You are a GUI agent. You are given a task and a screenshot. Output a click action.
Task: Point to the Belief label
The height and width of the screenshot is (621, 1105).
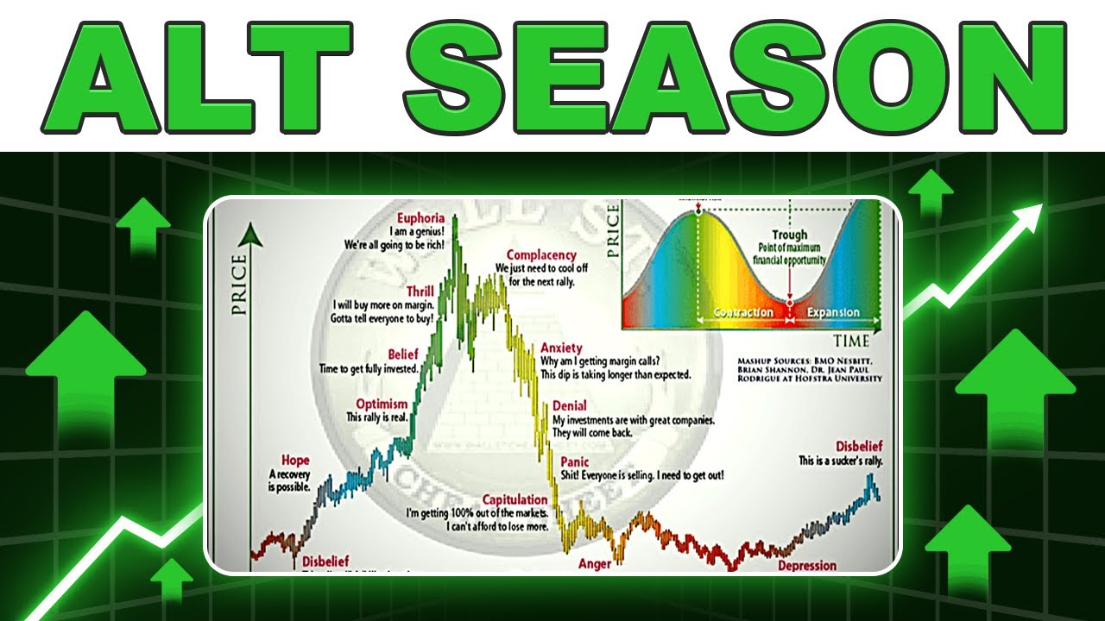coord(402,354)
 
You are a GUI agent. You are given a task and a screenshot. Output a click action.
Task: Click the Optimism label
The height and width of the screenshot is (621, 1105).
coord(382,404)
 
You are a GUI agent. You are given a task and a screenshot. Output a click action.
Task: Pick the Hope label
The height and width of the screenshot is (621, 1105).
coord(294,461)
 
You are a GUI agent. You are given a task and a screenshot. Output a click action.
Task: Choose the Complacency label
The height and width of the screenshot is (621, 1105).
coord(541,254)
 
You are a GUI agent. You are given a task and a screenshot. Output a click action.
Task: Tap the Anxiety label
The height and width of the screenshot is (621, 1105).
coord(562,348)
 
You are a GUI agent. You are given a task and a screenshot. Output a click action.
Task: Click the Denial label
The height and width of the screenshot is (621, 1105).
coord(569,405)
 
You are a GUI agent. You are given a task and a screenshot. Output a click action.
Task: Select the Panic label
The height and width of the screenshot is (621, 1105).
coord(574,462)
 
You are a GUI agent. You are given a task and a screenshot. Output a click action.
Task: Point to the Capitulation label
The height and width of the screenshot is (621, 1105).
coord(515,499)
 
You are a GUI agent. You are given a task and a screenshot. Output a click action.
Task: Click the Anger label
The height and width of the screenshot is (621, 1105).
coord(595,564)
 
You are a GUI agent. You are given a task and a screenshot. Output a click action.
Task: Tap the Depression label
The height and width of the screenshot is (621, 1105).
coord(806,566)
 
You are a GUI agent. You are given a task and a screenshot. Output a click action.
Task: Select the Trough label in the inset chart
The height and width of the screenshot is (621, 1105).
coord(789,235)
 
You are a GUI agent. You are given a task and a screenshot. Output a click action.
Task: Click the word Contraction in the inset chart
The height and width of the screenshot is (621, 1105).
coord(742,312)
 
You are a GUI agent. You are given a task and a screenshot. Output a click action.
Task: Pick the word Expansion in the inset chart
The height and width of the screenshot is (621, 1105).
coord(833,312)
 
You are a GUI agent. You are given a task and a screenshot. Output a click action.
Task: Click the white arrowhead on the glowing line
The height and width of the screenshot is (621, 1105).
coord(1033,215)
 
